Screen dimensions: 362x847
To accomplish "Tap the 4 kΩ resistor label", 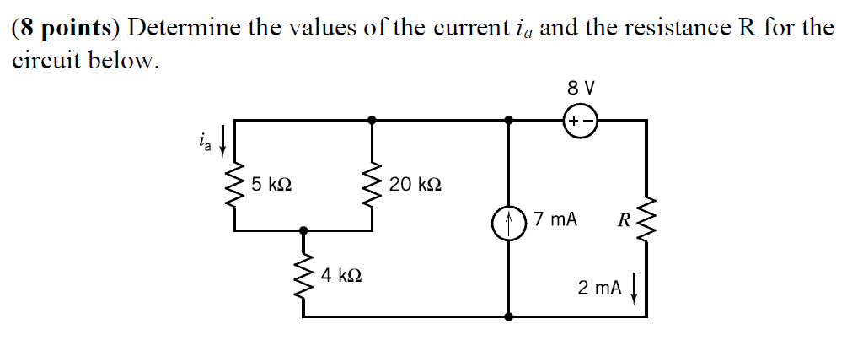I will [342, 275].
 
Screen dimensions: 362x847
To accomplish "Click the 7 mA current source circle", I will [509, 224].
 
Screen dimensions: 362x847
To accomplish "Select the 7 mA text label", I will [555, 220].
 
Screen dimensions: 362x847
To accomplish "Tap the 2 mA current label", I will [599, 288].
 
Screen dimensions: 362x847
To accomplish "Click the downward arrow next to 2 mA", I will [634, 289].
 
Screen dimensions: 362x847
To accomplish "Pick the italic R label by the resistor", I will [624, 222].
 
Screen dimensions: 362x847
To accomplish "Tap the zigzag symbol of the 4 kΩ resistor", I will [303, 274].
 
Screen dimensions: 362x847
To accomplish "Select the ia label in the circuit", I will [203, 140].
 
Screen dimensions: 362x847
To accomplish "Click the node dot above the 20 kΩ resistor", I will [372, 121].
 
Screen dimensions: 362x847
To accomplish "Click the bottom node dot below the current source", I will [509, 318].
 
